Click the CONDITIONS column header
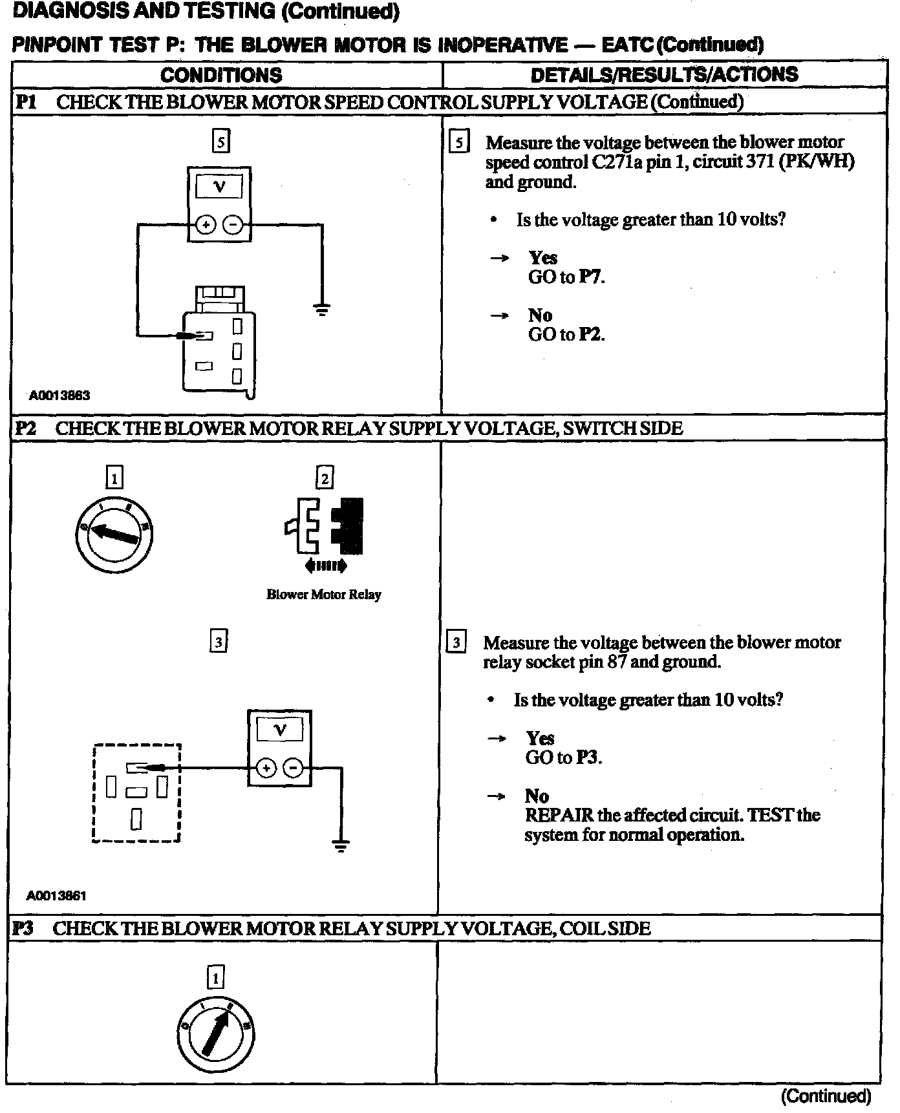pos(221,75)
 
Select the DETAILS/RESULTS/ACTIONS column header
pos(664,74)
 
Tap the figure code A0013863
pos(59,396)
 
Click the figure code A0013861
pos(56,896)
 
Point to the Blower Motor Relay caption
pos(324,595)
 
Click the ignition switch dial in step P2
pos(114,533)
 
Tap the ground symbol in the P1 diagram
pos(322,310)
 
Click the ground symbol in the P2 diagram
pos(341,845)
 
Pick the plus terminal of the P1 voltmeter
pos(206,225)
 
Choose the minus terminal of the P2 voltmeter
pos(294,768)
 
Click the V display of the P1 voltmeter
pos(219,187)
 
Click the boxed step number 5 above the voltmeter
pos(220,142)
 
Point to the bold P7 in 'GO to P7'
pos(591,277)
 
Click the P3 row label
pos(23,929)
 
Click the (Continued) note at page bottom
pos(826,1096)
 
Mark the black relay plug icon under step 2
pos(347,525)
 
